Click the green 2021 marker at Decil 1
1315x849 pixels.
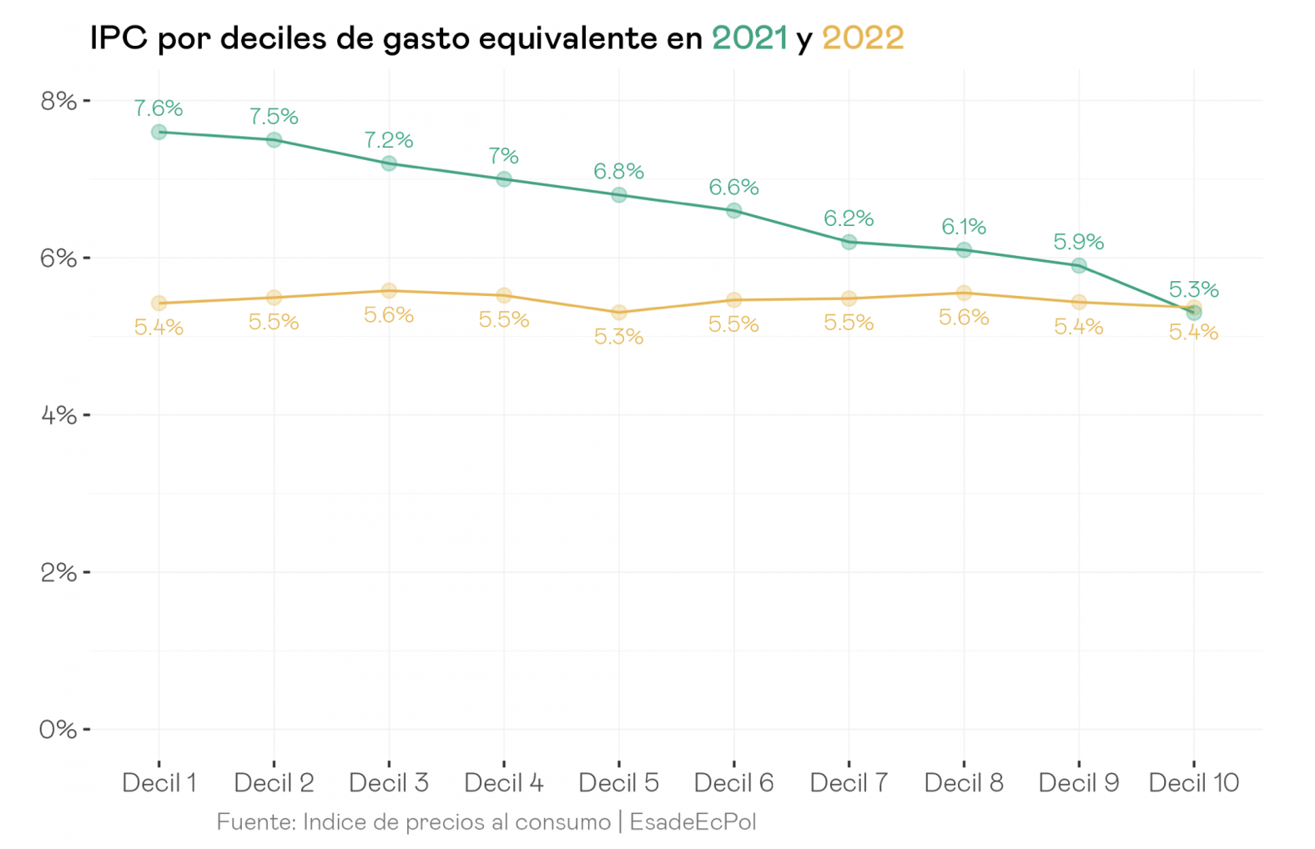[x=159, y=132]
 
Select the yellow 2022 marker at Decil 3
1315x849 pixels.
[x=389, y=291]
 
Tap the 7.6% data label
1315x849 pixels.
[x=159, y=108]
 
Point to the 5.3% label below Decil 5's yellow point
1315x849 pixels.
[x=618, y=337]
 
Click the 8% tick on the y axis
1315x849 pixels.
[x=58, y=101]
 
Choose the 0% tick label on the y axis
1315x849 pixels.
[x=58, y=730]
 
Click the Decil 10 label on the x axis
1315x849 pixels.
[x=1194, y=783]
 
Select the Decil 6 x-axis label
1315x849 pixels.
[x=733, y=783]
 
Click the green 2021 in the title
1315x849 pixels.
[x=749, y=38]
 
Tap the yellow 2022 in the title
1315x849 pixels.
[x=863, y=38]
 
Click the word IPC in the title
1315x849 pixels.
[x=118, y=38]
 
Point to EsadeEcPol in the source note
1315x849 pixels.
[x=693, y=822]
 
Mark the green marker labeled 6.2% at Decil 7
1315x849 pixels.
[x=849, y=242]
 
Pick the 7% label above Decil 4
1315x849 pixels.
[x=503, y=156]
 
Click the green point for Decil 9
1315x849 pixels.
[x=1079, y=266]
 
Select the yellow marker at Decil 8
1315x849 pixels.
[x=964, y=293]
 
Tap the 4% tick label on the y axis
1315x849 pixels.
[x=58, y=415]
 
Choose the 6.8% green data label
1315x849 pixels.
[x=618, y=172]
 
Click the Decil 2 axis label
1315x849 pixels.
[x=274, y=783]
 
